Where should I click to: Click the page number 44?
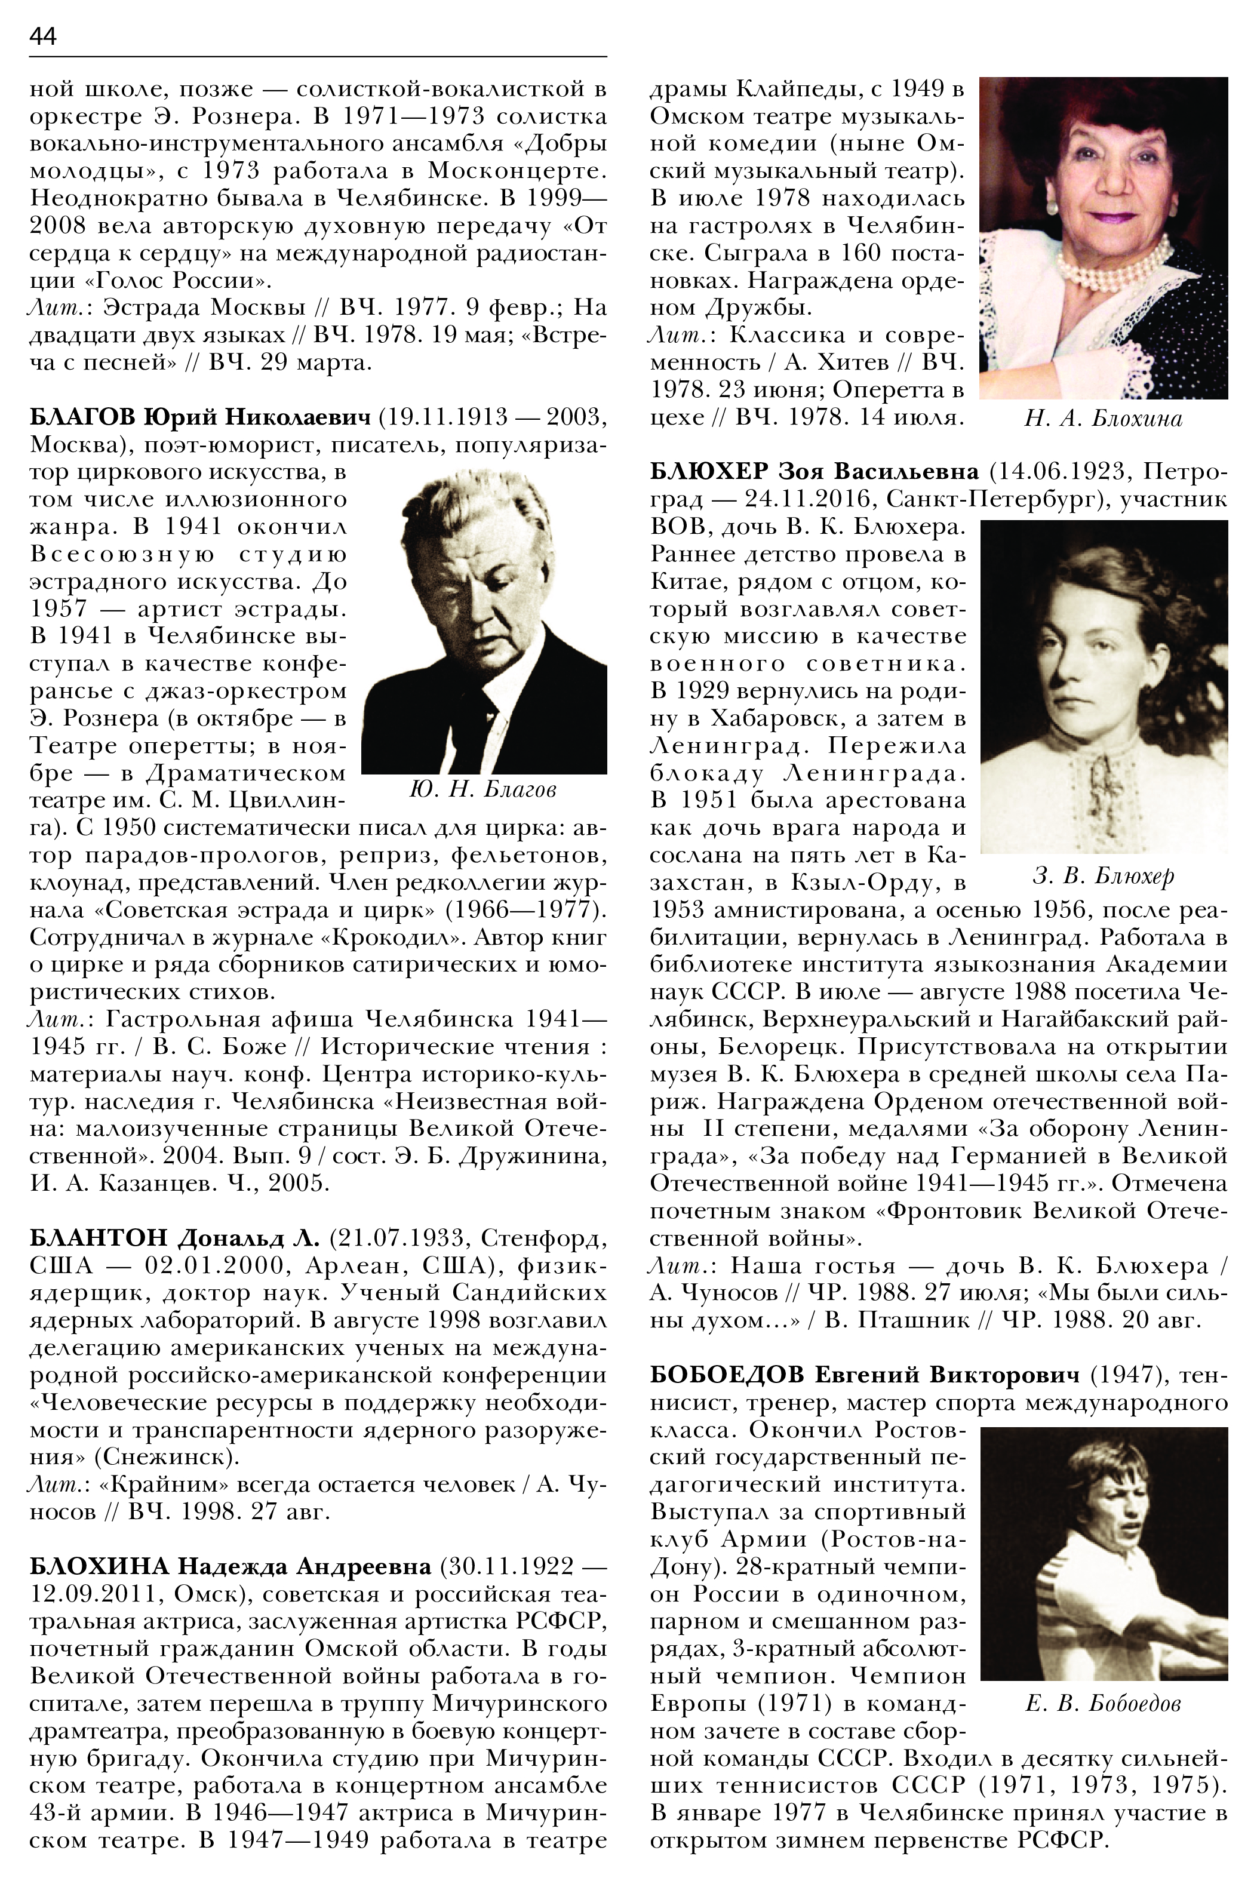(x=43, y=38)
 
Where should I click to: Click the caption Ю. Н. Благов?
(x=482, y=790)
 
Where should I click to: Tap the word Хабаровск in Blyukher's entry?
(x=773, y=718)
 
